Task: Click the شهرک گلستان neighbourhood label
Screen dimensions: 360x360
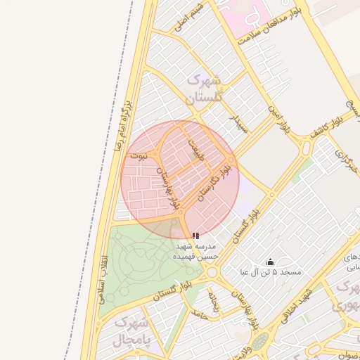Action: click(204, 89)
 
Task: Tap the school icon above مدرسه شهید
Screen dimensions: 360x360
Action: click(195, 236)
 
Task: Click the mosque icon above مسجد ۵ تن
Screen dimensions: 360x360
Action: click(271, 262)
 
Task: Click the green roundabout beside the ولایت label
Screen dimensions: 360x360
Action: click(261, 342)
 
